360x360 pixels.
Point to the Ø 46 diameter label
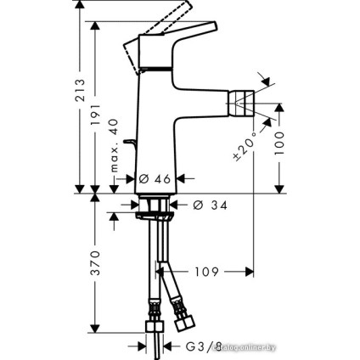click(156, 179)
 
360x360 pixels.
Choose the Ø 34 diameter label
click(208, 205)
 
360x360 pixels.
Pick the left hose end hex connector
click(156, 327)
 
